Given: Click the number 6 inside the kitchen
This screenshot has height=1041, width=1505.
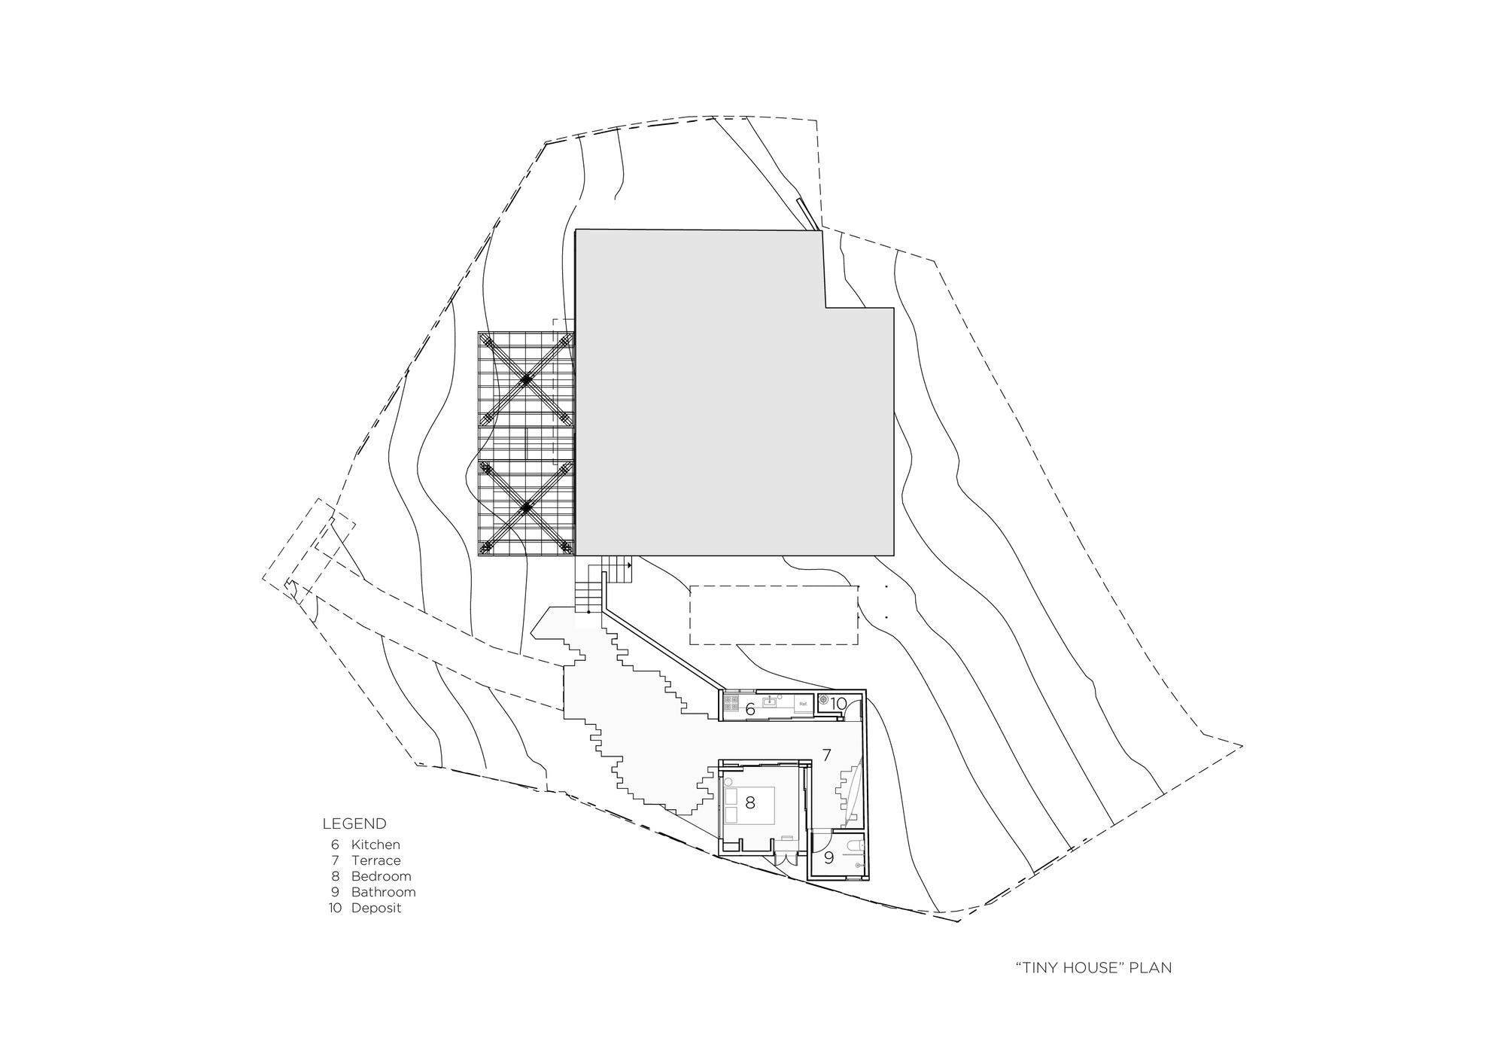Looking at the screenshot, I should (750, 709).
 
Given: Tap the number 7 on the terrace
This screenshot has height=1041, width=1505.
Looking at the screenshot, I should (826, 755).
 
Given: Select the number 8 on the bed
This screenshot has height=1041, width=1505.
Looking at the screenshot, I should (749, 802).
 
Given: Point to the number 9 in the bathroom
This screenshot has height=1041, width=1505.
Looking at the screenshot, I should (829, 857).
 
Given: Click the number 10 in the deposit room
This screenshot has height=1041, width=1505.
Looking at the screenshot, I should (839, 704).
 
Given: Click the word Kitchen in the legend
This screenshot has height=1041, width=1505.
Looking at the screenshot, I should (375, 845).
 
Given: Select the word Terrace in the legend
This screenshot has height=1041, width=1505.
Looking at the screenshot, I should (375, 860).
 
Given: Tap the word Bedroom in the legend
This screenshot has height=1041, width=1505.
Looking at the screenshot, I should (381, 876).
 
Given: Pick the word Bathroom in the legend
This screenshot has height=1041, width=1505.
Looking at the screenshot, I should (383, 892).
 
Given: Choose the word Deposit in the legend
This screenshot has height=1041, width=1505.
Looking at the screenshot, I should (376, 908).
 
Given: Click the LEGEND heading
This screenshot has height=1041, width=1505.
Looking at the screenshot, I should (354, 823).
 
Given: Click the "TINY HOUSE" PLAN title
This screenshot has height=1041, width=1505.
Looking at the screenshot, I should (1093, 967).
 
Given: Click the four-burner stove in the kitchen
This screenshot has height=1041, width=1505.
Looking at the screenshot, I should (730, 703).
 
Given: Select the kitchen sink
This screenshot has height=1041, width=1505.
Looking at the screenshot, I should (769, 702).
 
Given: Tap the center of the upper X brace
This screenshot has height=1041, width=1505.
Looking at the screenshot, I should (526, 380).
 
